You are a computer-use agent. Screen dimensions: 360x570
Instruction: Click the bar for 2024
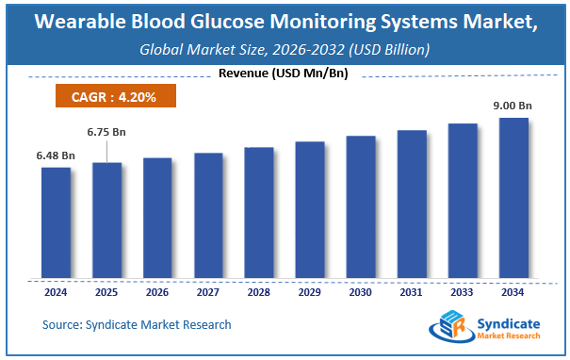[x=56, y=223]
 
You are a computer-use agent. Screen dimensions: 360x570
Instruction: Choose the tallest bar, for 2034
[x=513, y=199]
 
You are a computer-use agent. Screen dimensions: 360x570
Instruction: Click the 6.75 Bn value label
[x=106, y=132]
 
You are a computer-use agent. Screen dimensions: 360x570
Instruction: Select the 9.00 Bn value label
[x=513, y=106]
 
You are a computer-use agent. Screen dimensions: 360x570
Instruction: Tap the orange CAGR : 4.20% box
[x=112, y=95]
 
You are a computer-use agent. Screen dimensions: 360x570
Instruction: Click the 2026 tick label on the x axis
[x=157, y=293]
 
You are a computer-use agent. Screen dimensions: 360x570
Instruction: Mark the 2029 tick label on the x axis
[x=310, y=293]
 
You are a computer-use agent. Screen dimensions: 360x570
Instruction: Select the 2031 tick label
[x=412, y=293]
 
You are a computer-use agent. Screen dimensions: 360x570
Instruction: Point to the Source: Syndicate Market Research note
[x=137, y=325]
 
